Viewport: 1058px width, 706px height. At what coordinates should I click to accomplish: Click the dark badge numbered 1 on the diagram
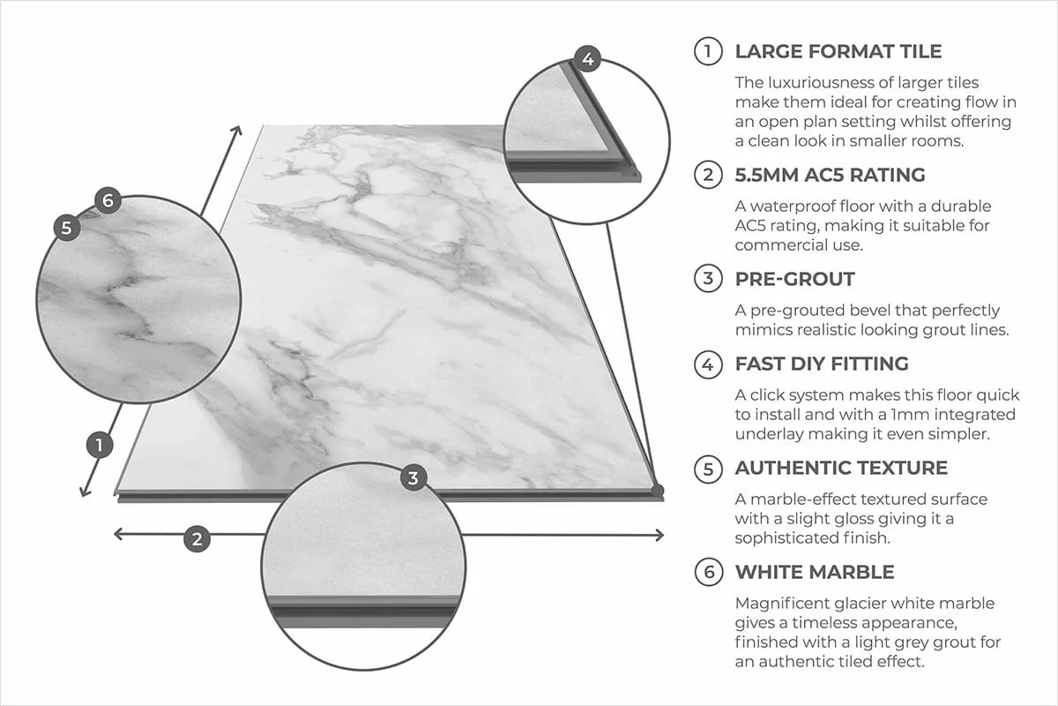[x=101, y=446]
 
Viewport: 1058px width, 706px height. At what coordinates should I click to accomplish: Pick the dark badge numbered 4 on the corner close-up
[x=587, y=60]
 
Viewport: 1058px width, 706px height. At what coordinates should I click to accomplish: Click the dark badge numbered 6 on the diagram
[x=107, y=201]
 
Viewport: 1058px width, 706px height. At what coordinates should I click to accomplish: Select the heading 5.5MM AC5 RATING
[x=831, y=175]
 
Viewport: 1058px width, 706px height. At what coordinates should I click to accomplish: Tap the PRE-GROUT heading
[x=794, y=280]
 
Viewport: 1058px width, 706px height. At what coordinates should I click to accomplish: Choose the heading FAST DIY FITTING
[x=822, y=364]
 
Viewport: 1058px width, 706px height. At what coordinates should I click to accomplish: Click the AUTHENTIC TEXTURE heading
[x=841, y=468]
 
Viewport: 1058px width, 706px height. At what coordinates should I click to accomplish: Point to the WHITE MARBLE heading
[x=815, y=572]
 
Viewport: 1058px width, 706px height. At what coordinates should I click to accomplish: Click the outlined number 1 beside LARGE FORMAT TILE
[x=708, y=51]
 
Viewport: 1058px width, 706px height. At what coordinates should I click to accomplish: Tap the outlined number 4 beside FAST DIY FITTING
[x=708, y=364]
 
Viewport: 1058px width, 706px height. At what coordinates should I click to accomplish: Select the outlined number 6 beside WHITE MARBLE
[x=708, y=572]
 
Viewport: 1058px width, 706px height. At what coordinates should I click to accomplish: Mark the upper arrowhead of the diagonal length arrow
[x=236, y=131]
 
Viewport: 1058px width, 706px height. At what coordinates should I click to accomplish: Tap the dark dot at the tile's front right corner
[x=657, y=489]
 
